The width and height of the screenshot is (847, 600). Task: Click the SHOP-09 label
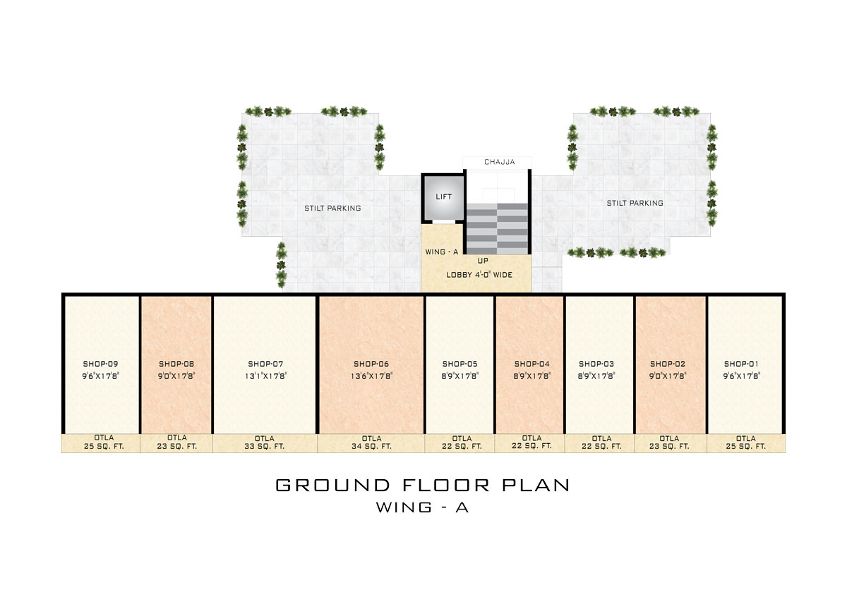click(x=100, y=364)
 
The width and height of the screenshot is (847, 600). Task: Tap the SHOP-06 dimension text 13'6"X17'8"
click(x=371, y=375)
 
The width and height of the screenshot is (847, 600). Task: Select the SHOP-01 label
click(x=741, y=364)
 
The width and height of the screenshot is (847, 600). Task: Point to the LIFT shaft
click(x=443, y=197)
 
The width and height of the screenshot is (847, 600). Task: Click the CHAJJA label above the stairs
click(x=500, y=162)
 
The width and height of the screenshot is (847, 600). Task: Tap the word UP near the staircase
click(x=483, y=261)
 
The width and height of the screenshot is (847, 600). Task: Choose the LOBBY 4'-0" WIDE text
click(x=479, y=275)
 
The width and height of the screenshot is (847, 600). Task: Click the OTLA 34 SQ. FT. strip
click(x=371, y=443)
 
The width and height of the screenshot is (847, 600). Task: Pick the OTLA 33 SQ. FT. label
click(x=264, y=442)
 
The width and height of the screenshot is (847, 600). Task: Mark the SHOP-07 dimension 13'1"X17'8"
click(x=266, y=375)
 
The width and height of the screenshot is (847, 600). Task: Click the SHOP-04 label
click(x=531, y=364)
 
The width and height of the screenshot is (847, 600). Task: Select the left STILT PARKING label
click(x=332, y=208)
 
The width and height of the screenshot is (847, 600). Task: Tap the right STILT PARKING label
click(x=635, y=204)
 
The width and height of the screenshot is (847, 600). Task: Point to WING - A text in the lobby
click(x=441, y=252)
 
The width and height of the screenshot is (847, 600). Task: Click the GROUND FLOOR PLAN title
click(x=422, y=485)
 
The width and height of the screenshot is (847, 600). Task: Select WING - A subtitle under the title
click(x=422, y=507)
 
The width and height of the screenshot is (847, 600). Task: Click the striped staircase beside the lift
click(x=497, y=229)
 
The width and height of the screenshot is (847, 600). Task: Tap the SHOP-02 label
click(x=668, y=364)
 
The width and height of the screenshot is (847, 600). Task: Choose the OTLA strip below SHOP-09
click(x=100, y=443)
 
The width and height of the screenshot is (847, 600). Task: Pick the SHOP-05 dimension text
click(x=459, y=375)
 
